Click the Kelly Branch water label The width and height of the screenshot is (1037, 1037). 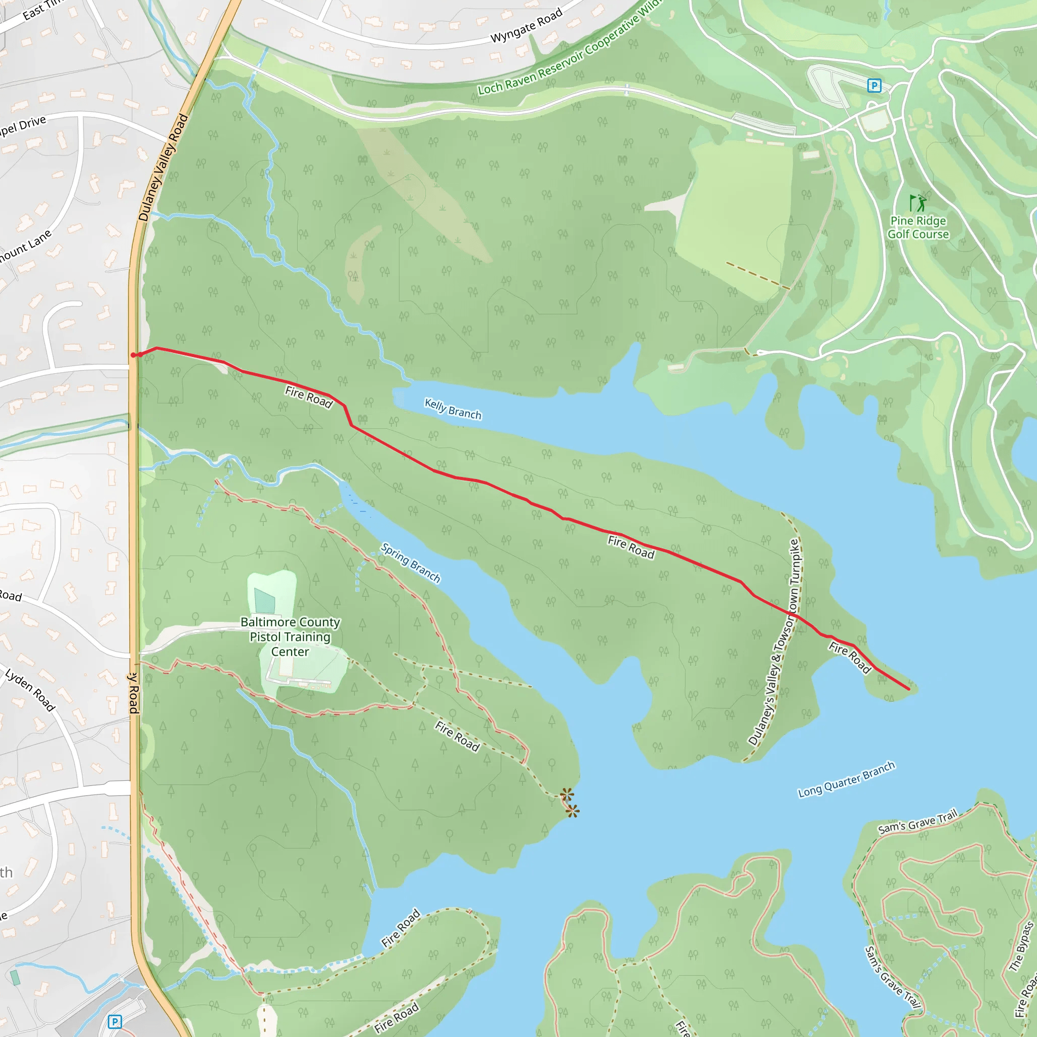pyautogui.click(x=453, y=409)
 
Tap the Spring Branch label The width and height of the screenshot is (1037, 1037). pyautogui.click(x=411, y=563)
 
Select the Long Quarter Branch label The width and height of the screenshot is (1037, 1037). pyautogui.click(x=846, y=779)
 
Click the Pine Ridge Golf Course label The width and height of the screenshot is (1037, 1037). pyautogui.click(x=918, y=227)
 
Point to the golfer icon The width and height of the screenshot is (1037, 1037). pyautogui.click(x=918, y=203)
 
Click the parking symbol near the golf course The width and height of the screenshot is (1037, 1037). pyautogui.click(x=874, y=86)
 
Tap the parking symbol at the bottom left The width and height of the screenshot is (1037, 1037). pyautogui.click(x=114, y=1022)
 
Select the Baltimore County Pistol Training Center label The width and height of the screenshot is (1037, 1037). pyautogui.click(x=290, y=636)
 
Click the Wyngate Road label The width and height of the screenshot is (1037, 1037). pyautogui.click(x=526, y=26)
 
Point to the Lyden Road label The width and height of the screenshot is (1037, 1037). pyautogui.click(x=30, y=690)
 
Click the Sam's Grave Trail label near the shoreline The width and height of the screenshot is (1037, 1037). pyautogui.click(x=918, y=822)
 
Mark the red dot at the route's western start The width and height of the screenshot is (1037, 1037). pyautogui.click(x=133, y=355)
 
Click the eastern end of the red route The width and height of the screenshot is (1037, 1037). pyautogui.click(x=908, y=689)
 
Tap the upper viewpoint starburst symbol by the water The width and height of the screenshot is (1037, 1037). pyautogui.click(x=567, y=794)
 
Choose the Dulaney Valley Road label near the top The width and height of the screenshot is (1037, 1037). pyautogui.click(x=163, y=168)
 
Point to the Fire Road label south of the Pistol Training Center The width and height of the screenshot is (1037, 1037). pyautogui.click(x=457, y=736)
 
